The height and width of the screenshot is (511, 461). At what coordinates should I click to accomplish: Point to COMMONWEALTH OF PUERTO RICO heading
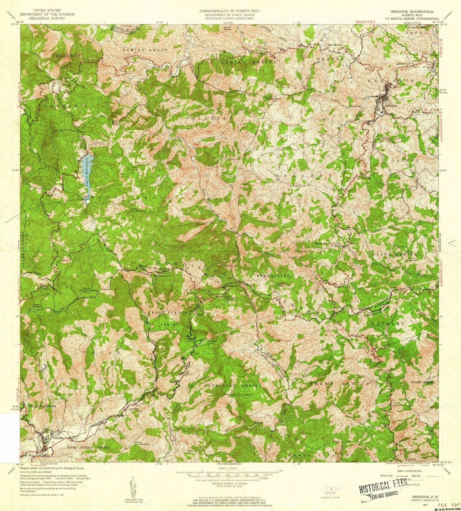pos(229,11)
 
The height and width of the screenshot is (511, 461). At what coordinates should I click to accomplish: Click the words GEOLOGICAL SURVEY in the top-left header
pos(47,18)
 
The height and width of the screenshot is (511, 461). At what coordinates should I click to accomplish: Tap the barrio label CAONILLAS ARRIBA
pos(233,386)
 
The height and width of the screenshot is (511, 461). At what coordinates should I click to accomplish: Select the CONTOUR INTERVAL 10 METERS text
pos(229,484)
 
